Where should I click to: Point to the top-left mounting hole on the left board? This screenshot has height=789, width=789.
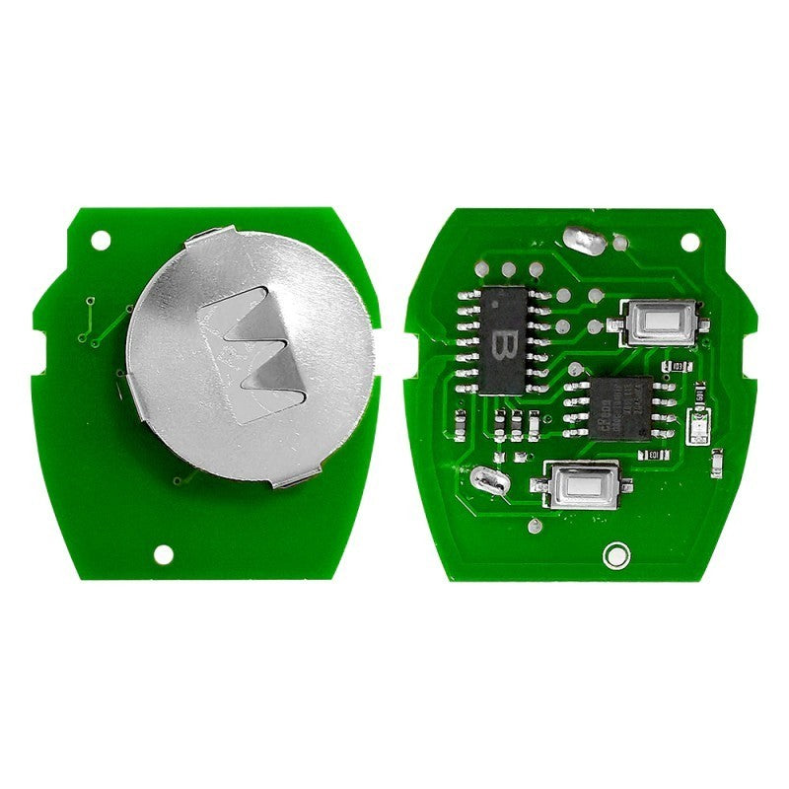(100, 240)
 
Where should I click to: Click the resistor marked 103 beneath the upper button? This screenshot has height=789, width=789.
(674, 367)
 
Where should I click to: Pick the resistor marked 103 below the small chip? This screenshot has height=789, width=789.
(651, 455)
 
